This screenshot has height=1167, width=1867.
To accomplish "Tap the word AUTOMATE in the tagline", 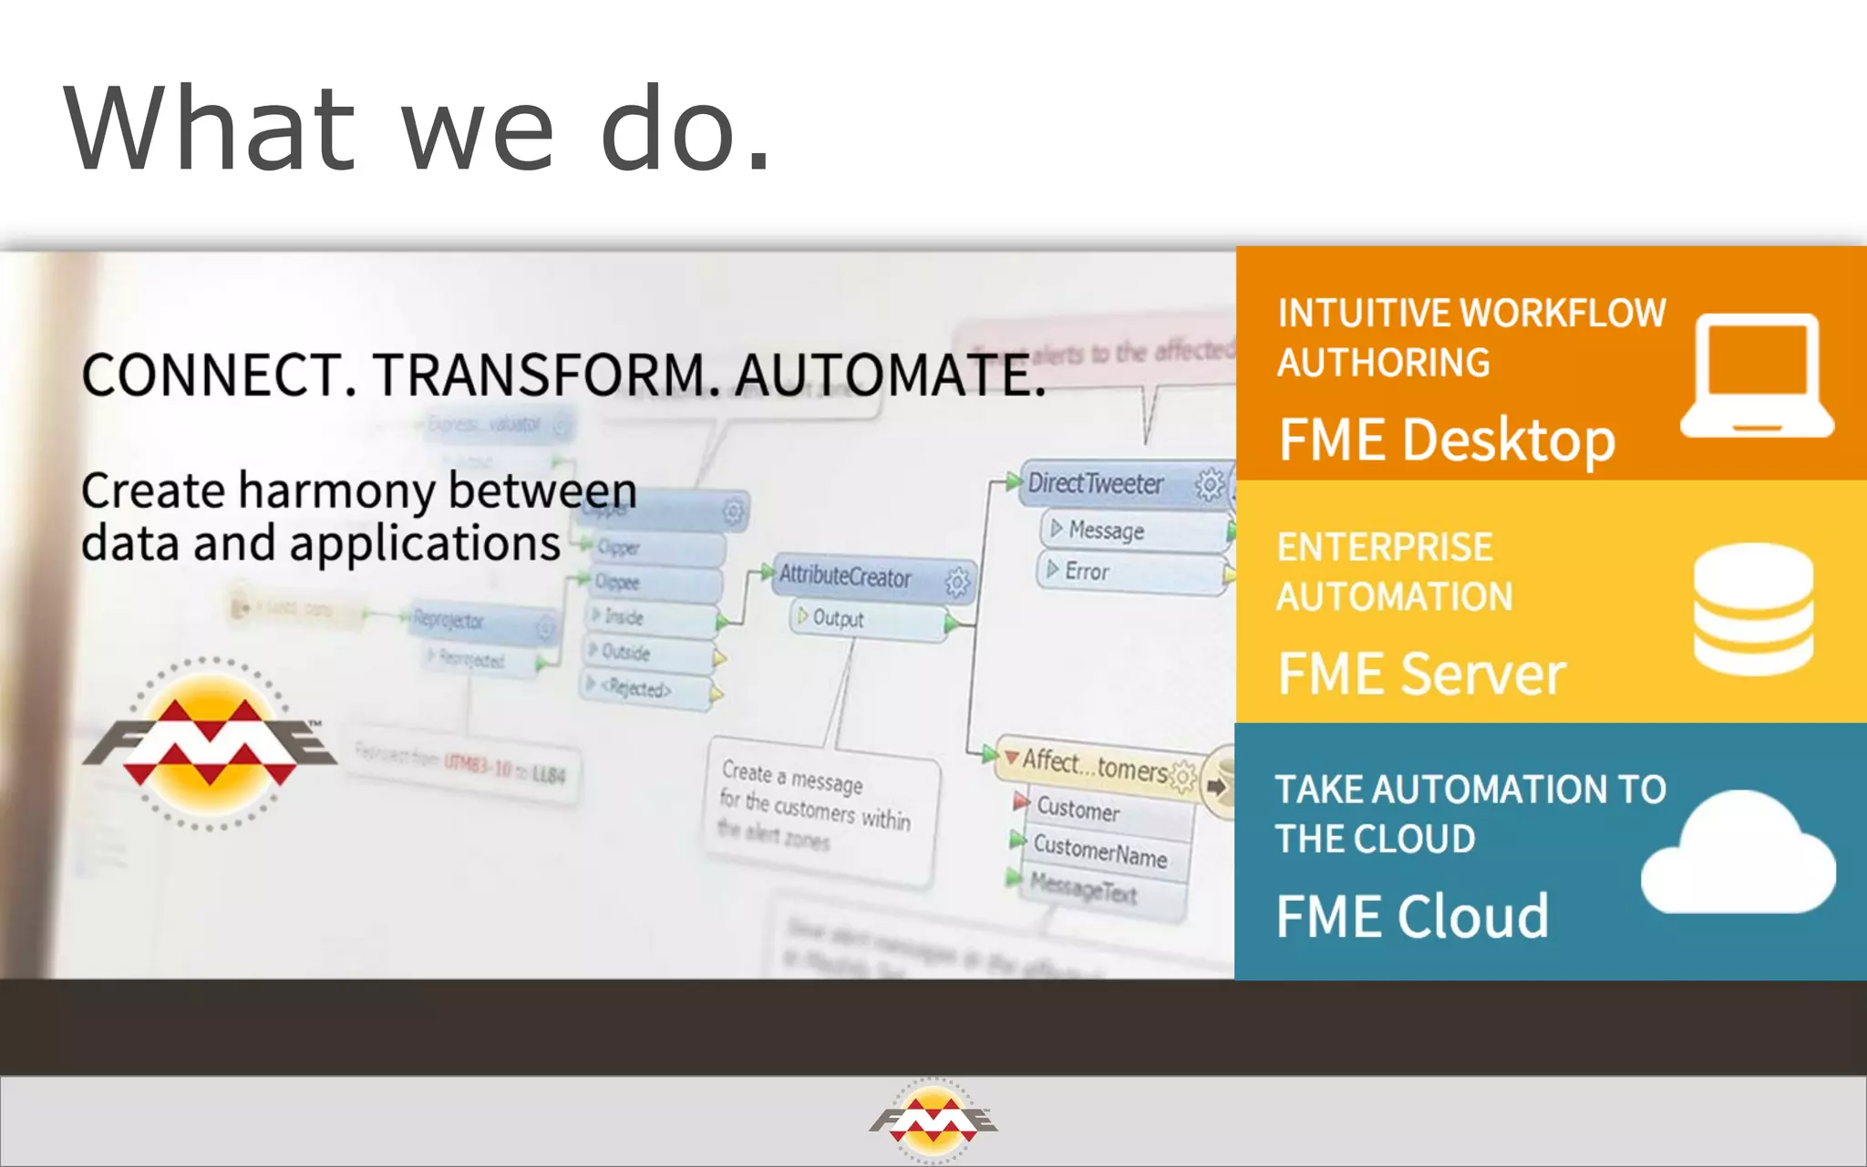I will pos(889,375).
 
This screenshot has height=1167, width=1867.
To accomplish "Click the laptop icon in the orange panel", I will pos(1757,376).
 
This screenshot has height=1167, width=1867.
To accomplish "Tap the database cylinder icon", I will pos(1753,608).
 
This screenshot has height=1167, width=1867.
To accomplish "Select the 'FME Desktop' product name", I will pos(1447,440).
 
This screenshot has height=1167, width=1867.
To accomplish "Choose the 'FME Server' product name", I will pos(1421,674).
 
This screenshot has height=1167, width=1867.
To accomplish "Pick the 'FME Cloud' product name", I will pos(1412,916).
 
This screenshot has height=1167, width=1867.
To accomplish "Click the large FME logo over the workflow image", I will pos(211,743).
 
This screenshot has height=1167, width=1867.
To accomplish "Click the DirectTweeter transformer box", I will pos(1098,483).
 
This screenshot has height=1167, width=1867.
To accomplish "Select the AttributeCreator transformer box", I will pos(846,576).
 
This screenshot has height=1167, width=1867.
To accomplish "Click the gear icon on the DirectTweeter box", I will pos(1210,484).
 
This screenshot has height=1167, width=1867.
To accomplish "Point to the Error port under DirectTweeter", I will pos(1087,572).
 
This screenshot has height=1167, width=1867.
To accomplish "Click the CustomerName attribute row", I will pos(1099,852).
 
